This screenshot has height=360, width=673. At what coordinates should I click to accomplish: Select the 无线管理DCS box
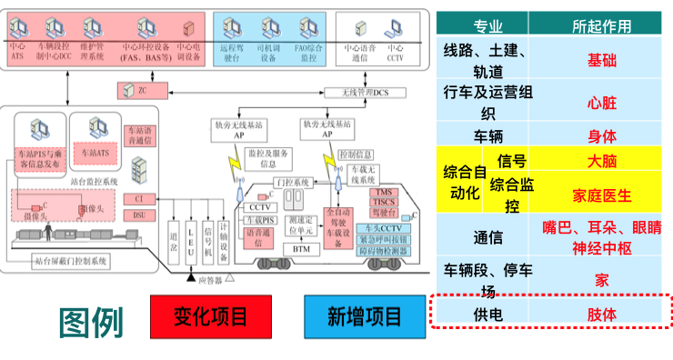pos(364,91)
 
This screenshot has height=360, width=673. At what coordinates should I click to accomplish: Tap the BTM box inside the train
pos(300,248)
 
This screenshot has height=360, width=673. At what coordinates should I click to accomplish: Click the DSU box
pos(139,215)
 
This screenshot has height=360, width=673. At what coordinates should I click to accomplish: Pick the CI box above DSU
pos(139,198)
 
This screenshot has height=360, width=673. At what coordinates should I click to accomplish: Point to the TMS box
pos(382,193)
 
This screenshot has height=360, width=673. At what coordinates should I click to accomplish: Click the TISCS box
pos(382,203)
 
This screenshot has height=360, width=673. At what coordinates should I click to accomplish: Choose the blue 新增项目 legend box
pos(364,316)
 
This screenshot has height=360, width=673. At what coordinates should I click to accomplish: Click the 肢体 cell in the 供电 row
pos(601,314)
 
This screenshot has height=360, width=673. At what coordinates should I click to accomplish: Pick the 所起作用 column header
pos(601,26)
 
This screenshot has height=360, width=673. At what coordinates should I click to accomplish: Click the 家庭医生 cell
pos(601,195)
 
